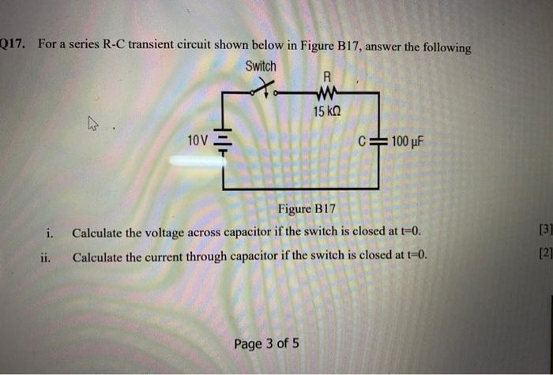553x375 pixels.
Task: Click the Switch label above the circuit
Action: click(x=261, y=67)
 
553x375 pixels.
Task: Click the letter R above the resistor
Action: click(x=325, y=77)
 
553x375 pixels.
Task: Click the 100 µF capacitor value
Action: click(x=408, y=143)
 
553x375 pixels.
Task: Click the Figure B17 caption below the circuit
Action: click(x=306, y=209)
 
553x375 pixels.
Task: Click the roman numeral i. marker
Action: click(x=50, y=233)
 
